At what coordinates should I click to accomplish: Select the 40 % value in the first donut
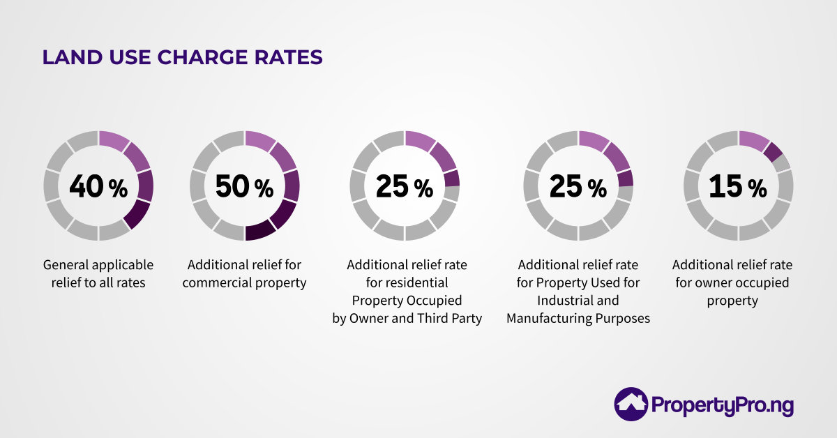click(x=98, y=186)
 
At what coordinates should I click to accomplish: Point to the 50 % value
click(x=244, y=186)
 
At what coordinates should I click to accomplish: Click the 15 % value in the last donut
click(x=738, y=186)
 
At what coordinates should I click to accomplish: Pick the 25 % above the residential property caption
click(x=405, y=186)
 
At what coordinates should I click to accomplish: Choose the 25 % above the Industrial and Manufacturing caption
click(x=578, y=186)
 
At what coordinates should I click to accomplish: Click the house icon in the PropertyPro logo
click(x=631, y=405)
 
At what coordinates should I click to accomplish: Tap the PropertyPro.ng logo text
click(x=723, y=405)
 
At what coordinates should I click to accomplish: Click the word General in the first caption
click(x=64, y=265)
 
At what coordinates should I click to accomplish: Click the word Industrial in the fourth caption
click(x=564, y=301)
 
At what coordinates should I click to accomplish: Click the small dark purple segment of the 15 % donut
click(x=772, y=151)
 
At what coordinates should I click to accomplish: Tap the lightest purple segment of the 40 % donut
click(x=114, y=139)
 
